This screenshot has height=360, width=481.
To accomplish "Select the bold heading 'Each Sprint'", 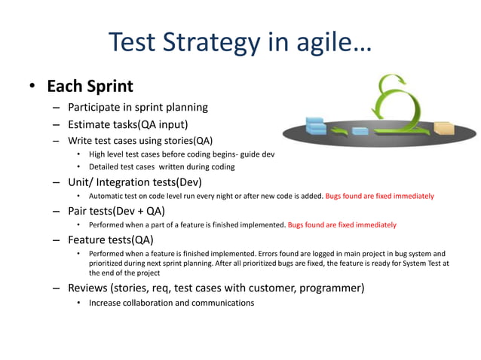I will click(x=90, y=87).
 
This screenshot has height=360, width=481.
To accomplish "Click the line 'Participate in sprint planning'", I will click(x=138, y=107).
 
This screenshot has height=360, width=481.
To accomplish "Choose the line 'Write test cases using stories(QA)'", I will click(x=140, y=140).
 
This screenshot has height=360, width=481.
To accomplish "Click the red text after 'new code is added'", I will click(x=379, y=196).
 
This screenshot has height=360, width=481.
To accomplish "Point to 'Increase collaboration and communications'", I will click(x=171, y=303).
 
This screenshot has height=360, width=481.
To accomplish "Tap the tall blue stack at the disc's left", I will click(x=315, y=127).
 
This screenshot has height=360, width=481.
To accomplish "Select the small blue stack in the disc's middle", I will click(x=360, y=130).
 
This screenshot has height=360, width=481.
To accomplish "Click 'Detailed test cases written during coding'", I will click(x=161, y=166).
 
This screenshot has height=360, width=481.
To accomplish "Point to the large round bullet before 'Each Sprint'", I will click(x=32, y=87).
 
